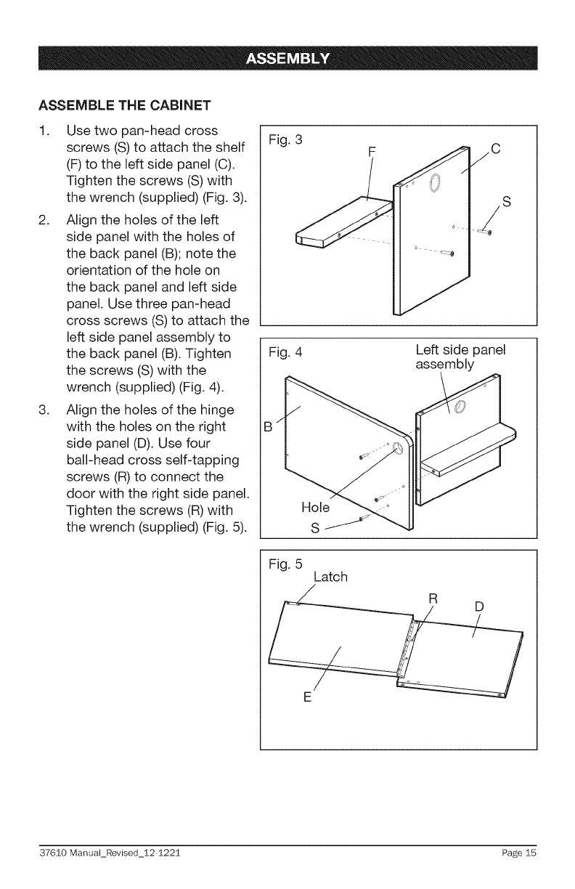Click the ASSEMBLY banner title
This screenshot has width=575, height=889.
tap(287, 59)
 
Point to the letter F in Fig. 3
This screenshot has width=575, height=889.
tap(372, 152)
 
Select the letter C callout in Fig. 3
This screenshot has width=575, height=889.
tap(496, 150)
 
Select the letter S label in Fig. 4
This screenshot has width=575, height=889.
tap(314, 527)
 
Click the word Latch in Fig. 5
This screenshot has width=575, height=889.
tap(330, 577)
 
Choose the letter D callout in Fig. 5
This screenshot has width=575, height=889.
tap(479, 606)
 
